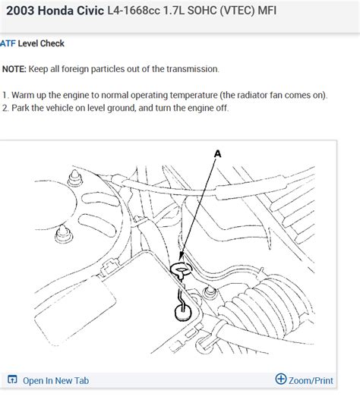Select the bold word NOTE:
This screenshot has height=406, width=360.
pos(14,69)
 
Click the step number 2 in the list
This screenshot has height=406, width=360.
pos(5,108)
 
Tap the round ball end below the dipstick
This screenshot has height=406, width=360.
pos(181,310)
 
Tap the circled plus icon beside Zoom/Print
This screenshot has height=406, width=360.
pos(281,379)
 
